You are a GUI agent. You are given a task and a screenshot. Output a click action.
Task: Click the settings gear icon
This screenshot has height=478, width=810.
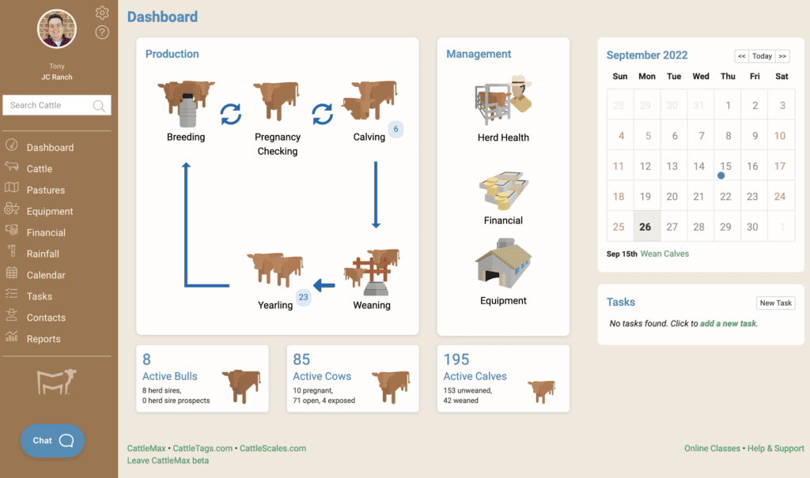click(x=102, y=13)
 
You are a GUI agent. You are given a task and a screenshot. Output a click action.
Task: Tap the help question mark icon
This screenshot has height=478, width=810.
click(x=102, y=32)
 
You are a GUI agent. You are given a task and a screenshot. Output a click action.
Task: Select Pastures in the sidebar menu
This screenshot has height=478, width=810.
click(x=46, y=190)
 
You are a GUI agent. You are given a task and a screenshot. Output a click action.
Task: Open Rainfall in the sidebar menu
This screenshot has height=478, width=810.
click(x=43, y=254)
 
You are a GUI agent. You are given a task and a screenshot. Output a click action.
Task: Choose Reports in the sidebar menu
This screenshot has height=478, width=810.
click(x=44, y=339)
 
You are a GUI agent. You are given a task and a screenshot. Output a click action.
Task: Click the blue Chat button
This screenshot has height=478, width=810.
click(x=52, y=441)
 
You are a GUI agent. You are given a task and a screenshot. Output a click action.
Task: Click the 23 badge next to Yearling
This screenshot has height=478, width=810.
click(x=304, y=298)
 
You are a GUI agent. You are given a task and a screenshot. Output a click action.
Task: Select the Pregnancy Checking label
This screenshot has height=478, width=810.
click(x=277, y=144)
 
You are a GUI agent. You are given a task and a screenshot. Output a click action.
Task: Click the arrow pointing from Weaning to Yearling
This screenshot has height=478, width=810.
click(x=324, y=285)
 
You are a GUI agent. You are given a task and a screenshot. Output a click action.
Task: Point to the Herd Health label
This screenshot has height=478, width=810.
click(x=503, y=137)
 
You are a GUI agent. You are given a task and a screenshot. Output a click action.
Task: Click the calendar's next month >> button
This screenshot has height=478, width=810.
click(x=782, y=56)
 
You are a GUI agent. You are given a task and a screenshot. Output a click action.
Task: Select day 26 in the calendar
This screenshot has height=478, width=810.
click(x=645, y=227)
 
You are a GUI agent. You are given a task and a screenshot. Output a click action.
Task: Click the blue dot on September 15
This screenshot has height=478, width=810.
click(x=721, y=176)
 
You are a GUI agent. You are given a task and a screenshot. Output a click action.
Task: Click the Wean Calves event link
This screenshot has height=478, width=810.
click(x=664, y=254)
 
